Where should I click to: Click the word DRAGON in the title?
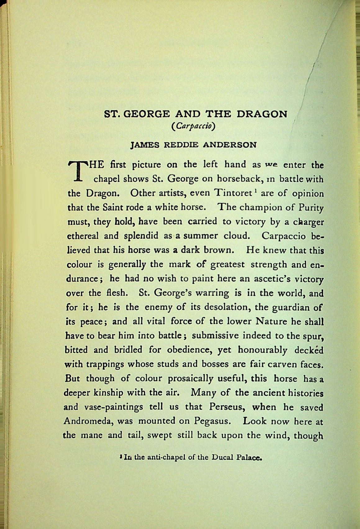pos(262,114)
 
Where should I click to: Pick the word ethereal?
pos(83,236)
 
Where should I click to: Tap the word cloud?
pos(237,236)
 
